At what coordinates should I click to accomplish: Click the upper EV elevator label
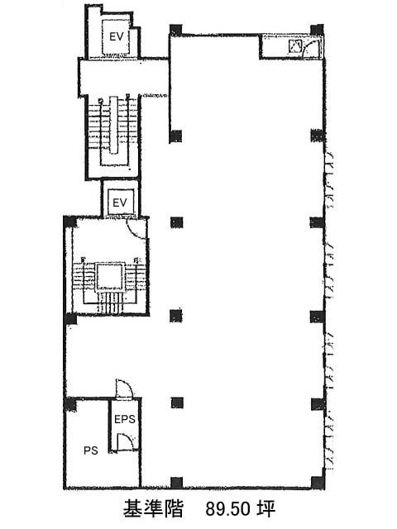(x=117, y=36)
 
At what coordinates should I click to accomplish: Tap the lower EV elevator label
(x=120, y=203)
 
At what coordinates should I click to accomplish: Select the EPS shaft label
(x=125, y=419)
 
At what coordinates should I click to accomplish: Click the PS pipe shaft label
(x=91, y=450)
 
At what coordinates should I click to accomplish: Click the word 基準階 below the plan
(x=153, y=508)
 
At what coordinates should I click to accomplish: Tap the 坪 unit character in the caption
(x=265, y=508)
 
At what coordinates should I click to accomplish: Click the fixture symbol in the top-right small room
(x=294, y=46)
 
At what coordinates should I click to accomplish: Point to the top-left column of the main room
(x=176, y=31)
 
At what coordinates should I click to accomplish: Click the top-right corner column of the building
(x=317, y=30)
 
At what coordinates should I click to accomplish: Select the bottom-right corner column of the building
(x=318, y=483)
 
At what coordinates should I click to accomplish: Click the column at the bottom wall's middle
(x=176, y=483)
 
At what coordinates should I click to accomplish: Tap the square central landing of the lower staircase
(x=108, y=277)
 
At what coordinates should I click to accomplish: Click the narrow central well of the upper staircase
(x=114, y=125)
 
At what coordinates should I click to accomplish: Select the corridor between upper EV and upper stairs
(x=123, y=78)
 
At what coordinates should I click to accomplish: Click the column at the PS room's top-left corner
(x=70, y=404)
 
